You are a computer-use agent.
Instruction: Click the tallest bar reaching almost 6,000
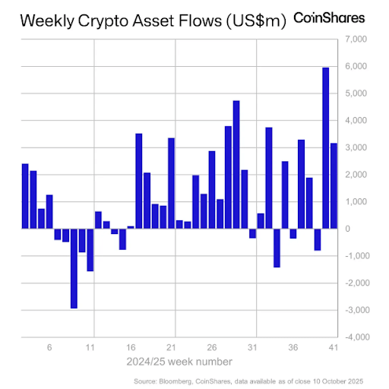pyautogui.click(x=326, y=147)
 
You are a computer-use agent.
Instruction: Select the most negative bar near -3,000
pyautogui.click(x=74, y=267)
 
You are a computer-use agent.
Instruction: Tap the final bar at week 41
pyautogui.click(x=334, y=185)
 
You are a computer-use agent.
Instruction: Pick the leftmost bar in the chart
pyautogui.click(x=25, y=196)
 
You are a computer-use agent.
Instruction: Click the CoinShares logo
pyautogui.click(x=329, y=17)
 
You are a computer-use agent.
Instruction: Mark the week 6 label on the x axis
pyautogui.click(x=49, y=347)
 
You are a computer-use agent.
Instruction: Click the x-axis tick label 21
pyautogui.click(x=176, y=347)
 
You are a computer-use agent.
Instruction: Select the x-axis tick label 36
pyautogui.click(x=293, y=347)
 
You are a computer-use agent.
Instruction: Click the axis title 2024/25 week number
pyautogui.click(x=181, y=361)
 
